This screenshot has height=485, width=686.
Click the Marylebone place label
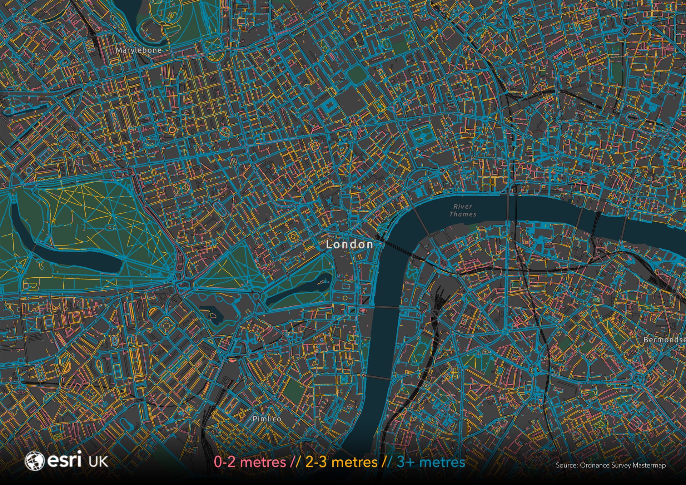pyautogui.click(x=139, y=50)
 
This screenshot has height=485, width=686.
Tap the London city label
pyautogui.click(x=349, y=244)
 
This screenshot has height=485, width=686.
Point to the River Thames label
pyautogui.click(x=463, y=210)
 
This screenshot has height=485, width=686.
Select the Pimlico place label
pyautogui.click(x=267, y=419)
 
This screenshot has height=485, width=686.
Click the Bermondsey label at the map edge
pyautogui.click(x=664, y=340)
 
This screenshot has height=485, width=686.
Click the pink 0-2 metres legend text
pyautogui.click(x=250, y=462)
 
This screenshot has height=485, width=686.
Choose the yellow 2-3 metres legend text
pyautogui.click(x=341, y=462)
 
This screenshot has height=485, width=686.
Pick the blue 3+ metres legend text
pyautogui.click(x=431, y=462)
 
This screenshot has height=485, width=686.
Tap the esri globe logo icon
pyautogui.click(x=34, y=461)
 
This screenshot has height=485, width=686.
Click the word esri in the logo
pyautogui.click(x=65, y=460)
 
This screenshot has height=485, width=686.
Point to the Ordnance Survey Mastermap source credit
pyautogui.click(x=611, y=465)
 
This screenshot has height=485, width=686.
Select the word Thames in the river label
pyautogui.click(x=463, y=214)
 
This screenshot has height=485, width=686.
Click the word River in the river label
pyautogui.click(x=463, y=206)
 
